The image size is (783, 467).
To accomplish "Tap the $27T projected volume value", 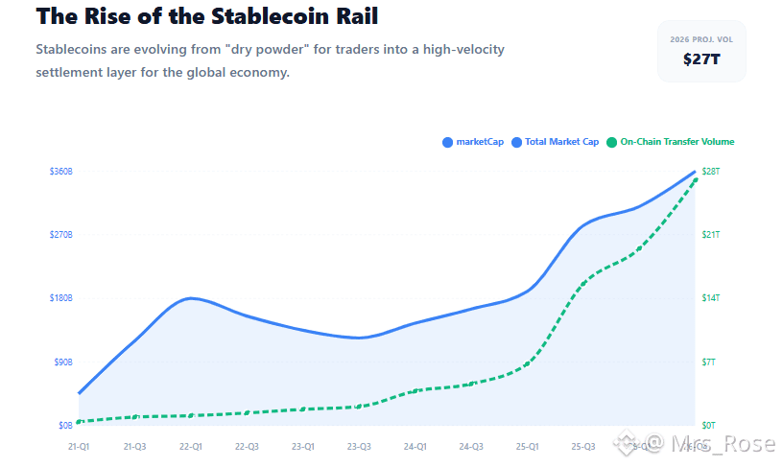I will pyautogui.click(x=701, y=59).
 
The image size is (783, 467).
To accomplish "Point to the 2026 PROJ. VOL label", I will pyautogui.click(x=701, y=38).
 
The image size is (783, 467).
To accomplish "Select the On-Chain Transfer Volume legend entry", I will pyautogui.click(x=676, y=142).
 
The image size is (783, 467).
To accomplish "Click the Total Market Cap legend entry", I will pyautogui.click(x=561, y=142).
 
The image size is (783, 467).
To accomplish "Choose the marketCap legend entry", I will pyautogui.click(x=479, y=142).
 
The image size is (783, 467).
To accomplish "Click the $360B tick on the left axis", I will pyautogui.click(x=61, y=172).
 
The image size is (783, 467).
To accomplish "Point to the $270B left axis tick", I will pyautogui.click(x=61, y=235).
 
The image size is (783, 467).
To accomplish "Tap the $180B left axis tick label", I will pyautogui.click(x=61, y=298).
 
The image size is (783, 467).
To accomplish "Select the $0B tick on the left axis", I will pyautogui.click(x=64, y=425).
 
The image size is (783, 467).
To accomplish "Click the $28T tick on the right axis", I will pyautogui.click(x=711, y=172).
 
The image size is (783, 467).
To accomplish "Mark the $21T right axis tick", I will pyautogui.click(x=711, y=235).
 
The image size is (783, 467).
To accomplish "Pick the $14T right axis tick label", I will pyautogui.click(x=711, y=298).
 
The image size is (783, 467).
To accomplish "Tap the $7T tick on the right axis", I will pyautogui.click(x=709, y=362).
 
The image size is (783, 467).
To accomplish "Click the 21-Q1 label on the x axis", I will pyautogui.click(x=79, y=446).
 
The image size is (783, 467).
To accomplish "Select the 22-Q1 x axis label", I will pyautogui.click(x=191, y=446).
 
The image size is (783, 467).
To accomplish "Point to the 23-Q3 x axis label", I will pyautogui.click(x=359, y=446).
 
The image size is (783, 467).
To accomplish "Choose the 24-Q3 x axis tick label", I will pyautogui.click(x=471, y=446).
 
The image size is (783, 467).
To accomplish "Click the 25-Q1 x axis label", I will pyautogui.click(x=527, y=446).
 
